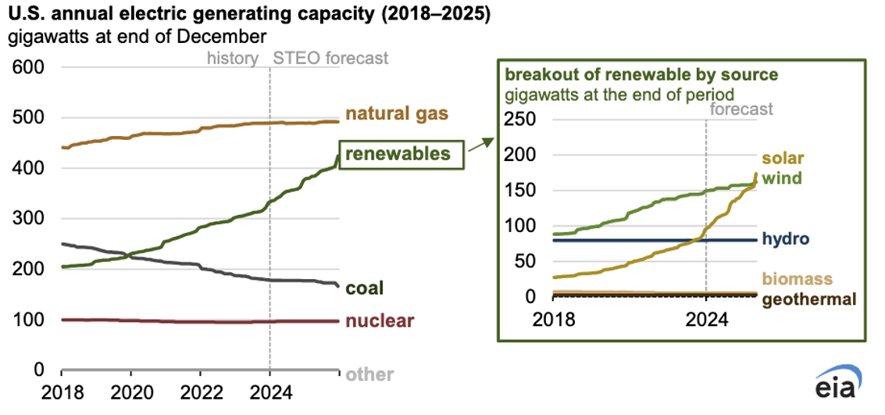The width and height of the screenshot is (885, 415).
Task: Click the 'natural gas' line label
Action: coord(397,114)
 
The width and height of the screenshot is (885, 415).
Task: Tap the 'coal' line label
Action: coord(365,289)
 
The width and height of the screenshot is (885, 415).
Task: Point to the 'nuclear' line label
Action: coord(380,322)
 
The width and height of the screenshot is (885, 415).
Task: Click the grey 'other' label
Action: coord(369,374)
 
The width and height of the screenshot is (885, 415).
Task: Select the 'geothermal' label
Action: coord(809,299)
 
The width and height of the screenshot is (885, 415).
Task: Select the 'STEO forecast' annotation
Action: coord(330,58)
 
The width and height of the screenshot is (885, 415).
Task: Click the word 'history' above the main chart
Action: coord(233,58)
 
